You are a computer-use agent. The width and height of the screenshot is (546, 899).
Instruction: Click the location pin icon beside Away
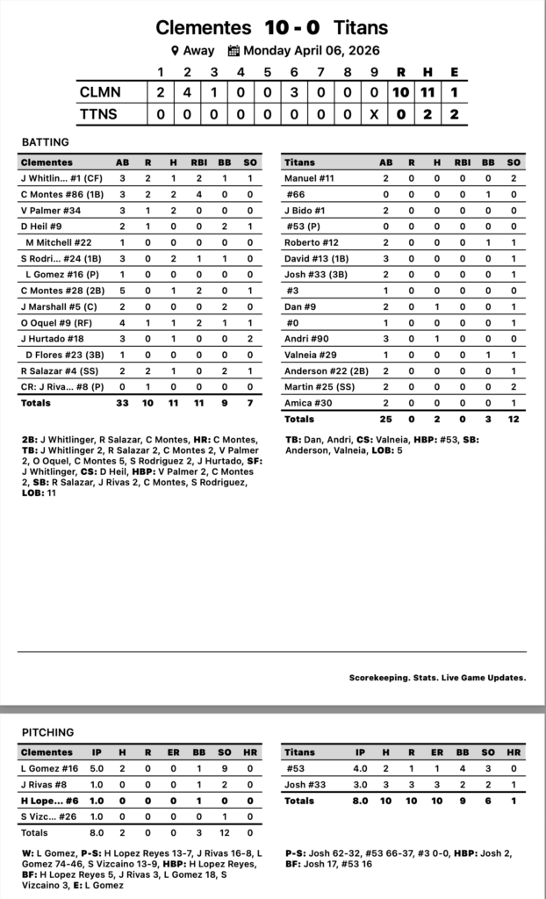coord(176,51)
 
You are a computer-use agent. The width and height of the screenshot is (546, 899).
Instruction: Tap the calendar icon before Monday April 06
coord(233,51)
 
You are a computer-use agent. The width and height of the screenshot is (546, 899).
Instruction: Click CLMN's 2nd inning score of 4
coord(187,90)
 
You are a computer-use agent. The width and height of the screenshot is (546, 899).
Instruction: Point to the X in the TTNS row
coord(375,114)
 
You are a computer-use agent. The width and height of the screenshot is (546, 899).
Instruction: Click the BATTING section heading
coord(46,141)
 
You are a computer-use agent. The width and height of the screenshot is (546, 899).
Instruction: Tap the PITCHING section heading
coord(47,732)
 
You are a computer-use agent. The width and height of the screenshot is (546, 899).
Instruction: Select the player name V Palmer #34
coord(50,210)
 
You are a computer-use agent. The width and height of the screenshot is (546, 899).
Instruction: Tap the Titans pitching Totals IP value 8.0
coord(360,801)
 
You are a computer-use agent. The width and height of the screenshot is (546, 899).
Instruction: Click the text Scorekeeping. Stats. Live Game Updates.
coord(437,677)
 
